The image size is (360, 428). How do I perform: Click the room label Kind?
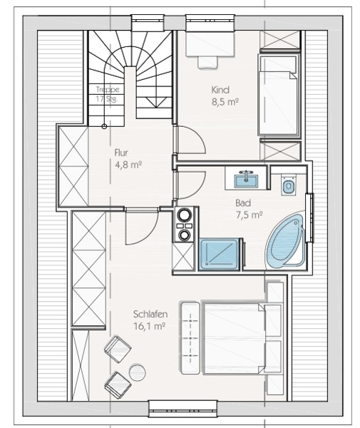(x=220, y=90)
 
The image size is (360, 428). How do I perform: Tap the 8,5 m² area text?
(x=225, y=102)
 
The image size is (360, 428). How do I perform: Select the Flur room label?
(x=121, y=153)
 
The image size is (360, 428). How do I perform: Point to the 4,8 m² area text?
(x=128, y=165)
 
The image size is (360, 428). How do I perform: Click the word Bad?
(x=243, y=203)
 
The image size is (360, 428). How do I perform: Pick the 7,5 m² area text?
(x=250, y=215)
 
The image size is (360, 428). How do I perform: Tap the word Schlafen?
(x=150, y=314)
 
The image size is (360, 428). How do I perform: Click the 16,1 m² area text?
(x=150, y=326)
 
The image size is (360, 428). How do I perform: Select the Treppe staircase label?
(x=108, y=89)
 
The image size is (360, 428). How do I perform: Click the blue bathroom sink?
(x=246, y=180)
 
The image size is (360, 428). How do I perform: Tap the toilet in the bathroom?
(x=288, y=185)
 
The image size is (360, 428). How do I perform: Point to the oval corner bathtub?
(x=286, y=241)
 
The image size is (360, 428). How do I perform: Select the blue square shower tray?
(x=220, y=254)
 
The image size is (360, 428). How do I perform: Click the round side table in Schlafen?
(x=137, y=372)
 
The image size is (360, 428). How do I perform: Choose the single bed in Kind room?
(x=278, y=95)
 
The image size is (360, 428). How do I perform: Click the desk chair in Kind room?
(x=208, y=62)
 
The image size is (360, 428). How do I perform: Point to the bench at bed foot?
(x=190, y=338)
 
